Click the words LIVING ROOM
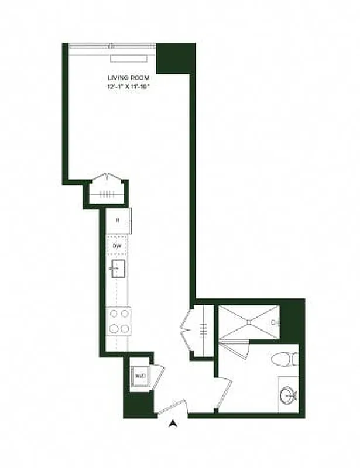(x=128, y=78)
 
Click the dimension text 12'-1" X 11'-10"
(x=128, y=87)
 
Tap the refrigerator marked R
(x=118, y=220)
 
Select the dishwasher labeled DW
(x=117, y=246)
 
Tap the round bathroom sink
(x=288, y=395)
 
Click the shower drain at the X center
(x=249, y=322)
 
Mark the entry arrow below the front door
(x=173, y=424)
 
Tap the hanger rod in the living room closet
(x=107, y=195)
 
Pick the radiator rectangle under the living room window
(x=131, y=58)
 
